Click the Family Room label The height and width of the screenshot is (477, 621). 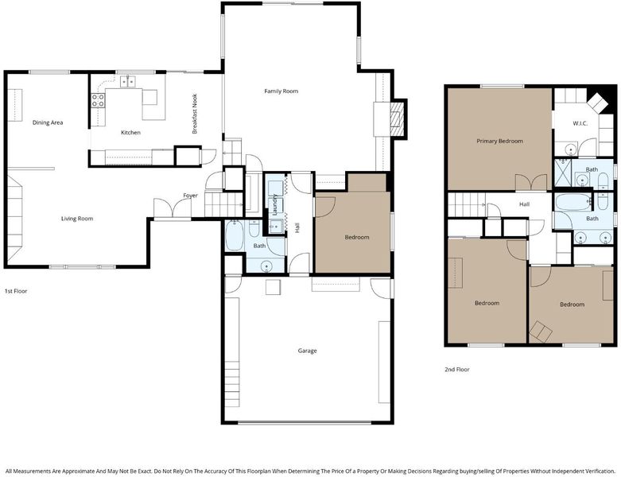coord(281,91)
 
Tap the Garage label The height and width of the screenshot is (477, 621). coord(308,351)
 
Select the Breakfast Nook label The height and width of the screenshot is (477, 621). coord(195,114)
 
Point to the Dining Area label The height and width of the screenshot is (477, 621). coord(48,122)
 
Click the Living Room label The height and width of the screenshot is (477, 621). coord(77,219)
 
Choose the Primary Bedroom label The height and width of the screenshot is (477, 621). coord(500,142)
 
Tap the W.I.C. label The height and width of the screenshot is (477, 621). coord(580,123)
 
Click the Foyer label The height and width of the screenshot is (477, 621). coord(190,196)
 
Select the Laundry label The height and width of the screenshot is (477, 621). coord(275,204)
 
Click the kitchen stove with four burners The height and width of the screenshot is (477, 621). coord(99,100)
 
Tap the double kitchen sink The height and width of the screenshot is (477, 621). coord(127,82)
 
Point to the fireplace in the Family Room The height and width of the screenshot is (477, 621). coord(395,118)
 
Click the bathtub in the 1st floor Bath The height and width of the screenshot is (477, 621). coord(235,236)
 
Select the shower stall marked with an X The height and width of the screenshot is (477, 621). coord(562,173)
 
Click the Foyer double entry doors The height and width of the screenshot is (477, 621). coord(173,207)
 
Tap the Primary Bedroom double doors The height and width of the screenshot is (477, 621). coord(531,183)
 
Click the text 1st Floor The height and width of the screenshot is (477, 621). coord(16,291)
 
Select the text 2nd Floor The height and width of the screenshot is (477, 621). coord(457,370)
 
